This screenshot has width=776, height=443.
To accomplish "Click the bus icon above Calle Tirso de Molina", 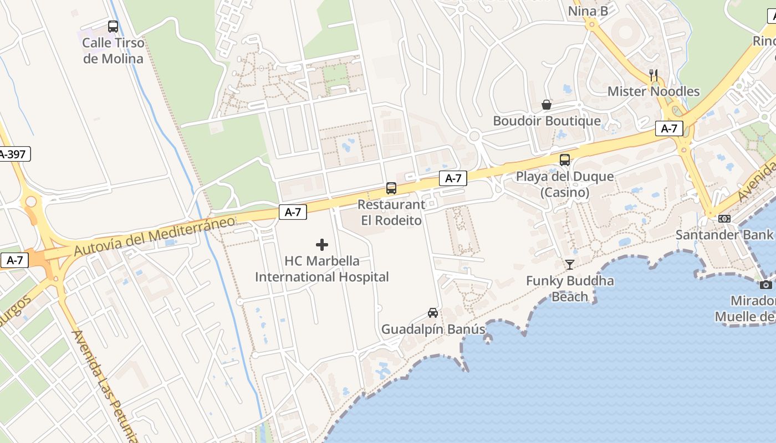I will pos(113,26).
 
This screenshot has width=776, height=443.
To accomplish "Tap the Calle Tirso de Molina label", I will pos(113,50).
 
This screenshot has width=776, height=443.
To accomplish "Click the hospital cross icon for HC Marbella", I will pos(322,245).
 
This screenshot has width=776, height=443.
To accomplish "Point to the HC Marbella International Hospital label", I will pos(321,269).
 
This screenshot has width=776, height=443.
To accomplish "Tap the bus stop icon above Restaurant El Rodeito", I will pos(391,188).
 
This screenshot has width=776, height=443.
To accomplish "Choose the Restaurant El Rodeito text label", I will pos(391,212).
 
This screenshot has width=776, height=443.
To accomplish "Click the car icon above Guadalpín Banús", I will pos(433,313).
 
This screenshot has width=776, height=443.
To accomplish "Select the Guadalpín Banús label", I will pos(433,329).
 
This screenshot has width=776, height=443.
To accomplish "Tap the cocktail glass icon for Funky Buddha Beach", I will pos(570,265).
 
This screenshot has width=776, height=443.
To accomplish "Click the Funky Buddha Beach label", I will pos(570,289).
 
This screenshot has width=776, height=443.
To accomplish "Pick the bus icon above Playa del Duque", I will pos(565,160).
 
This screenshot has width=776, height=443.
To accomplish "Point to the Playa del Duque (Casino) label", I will pos(565,184).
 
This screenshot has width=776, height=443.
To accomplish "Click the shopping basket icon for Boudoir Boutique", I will pos(547,105).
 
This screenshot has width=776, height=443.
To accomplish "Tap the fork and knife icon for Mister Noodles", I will pos(654,75).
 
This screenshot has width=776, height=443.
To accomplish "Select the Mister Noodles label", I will pos(654,91).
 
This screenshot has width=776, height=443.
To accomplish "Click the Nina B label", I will pos(588,11).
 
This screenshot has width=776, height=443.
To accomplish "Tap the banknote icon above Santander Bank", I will pos(724,219).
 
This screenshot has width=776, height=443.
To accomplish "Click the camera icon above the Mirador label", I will pos(766,285).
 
